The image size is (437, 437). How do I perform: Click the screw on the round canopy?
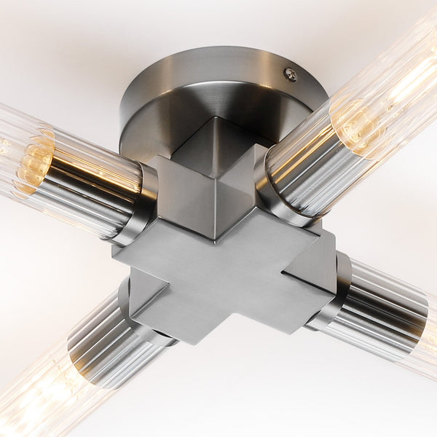click(291, 74)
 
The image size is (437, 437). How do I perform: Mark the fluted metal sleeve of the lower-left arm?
click(102, 342)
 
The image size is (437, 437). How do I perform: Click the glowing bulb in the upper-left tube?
click(33, 160)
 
